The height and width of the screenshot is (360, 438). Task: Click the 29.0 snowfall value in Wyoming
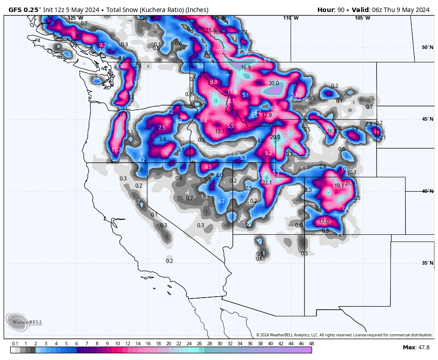coord(275,137)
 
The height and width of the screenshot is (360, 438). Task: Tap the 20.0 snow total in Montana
coord(274,83)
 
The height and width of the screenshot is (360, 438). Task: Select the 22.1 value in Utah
coord(267,183)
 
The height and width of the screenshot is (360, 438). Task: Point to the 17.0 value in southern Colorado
coord(324,221)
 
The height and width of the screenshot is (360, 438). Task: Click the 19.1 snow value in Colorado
coord(339,186)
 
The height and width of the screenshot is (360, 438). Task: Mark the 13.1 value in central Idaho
coord(220,131)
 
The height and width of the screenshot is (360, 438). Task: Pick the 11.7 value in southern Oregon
coord(116,150)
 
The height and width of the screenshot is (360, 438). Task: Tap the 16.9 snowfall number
coord(246,68)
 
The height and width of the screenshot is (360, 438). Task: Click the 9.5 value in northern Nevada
coord(208,167)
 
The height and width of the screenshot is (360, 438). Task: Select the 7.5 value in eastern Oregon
coord(162,128)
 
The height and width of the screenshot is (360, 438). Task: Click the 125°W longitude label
coord(75,18)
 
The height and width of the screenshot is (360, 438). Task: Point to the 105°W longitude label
coord(362,18)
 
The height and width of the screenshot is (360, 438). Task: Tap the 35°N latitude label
coord(427,263)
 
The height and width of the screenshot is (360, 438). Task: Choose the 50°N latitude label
coord(427,48)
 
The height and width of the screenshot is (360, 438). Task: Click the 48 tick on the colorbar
coord(311,344)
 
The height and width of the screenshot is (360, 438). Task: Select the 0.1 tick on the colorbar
coord(15,344)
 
